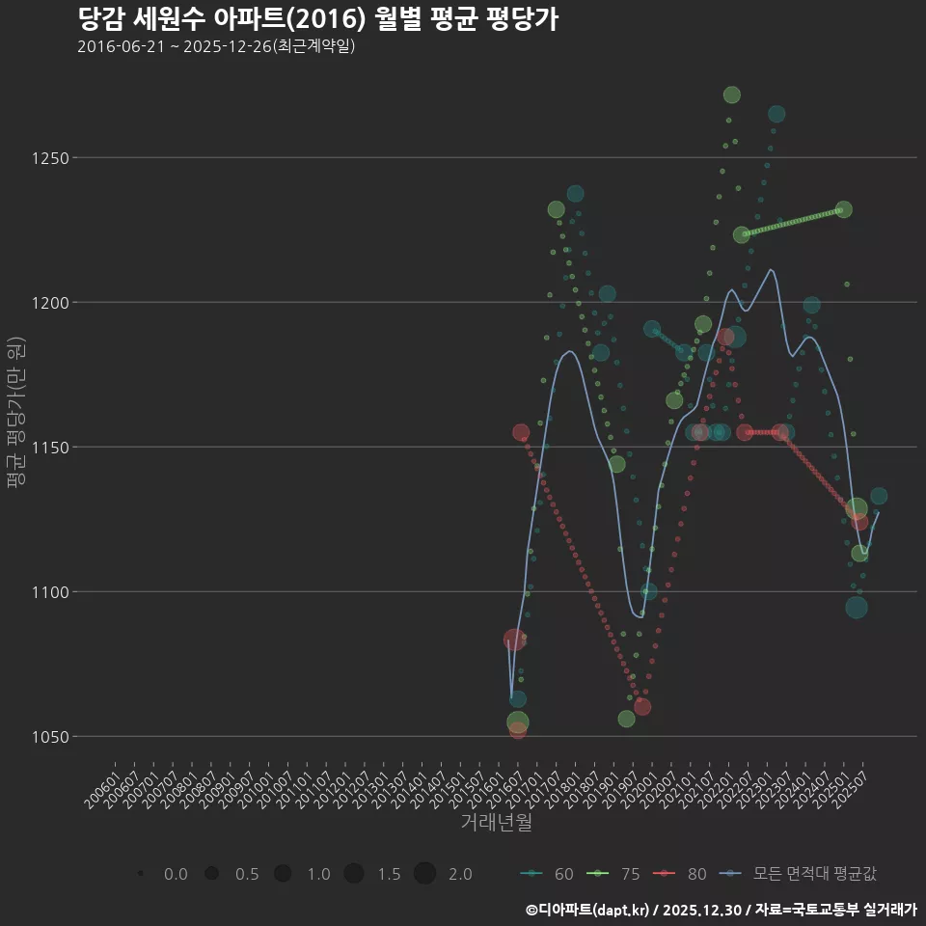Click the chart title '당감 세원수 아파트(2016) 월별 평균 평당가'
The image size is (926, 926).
pos(317,19)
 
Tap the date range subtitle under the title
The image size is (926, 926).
pos(216,46)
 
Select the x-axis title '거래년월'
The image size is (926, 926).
pos(496,823)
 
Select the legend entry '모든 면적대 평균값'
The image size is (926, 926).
pos(801,874)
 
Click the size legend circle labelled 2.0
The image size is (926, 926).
pos(425,874)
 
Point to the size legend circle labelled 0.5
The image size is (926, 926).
pos(211,874)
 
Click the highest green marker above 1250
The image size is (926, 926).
pos(731,95)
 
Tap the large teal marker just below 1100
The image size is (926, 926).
pos(857,607)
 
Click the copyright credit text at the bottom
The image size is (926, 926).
pos(721,910)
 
